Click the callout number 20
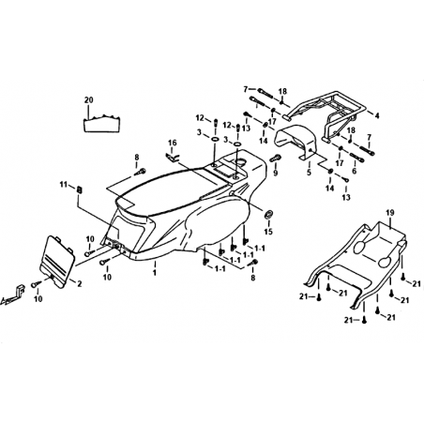pyautogui.click(x=89, y=100)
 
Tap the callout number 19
pyautogui.click(x=390, y=213)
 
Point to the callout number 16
pyautogui.click(x=173, y=143)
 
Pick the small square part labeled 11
pyautogui.click(x=80, y=189)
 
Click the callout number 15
pyautogui.click(x=268, y=232)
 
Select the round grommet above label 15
pyautogui.click(x=268, y=214)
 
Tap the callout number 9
pyautogui.click(x=276, y=173)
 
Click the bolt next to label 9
pyautogui.click(x=275, y=159)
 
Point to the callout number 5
pyautogui.click(x=309, y=173)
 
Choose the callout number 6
pyautogui.click(x=355, y=172)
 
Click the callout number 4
pyautogui.click(x=377, y=116)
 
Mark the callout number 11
pyautogui.click(x=64, y=185)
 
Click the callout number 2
pyautogui.click(x=80, y=283)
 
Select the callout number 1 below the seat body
pyautogui.click(x=154, y=273)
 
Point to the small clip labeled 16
pyautogui.click(x=172, y=158)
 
